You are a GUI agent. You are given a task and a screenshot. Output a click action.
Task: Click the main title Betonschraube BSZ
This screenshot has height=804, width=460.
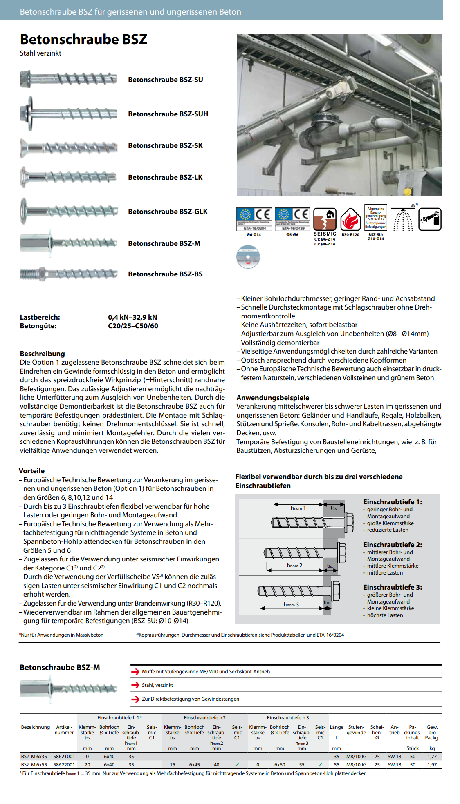[x=83, y=39]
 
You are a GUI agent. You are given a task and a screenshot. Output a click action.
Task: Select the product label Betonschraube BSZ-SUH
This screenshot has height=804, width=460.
[x=168, y=114]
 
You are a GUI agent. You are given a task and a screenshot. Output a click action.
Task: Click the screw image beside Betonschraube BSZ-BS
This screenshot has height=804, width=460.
[x=69, y=274]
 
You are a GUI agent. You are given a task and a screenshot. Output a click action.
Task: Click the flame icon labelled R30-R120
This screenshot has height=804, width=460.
[x=350, y=220]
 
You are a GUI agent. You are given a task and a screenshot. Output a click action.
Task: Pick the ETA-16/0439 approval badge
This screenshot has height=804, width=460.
[x=292, y=219]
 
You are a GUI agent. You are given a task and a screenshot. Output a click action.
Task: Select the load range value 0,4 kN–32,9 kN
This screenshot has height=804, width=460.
[x=132, y=317]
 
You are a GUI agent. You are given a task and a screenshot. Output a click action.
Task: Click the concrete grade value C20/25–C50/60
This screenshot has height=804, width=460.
[x=133, y=326]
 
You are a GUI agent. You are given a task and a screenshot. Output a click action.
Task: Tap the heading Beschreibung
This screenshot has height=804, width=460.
[x=42, y=354]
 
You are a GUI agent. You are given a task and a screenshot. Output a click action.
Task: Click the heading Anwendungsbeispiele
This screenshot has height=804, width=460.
[x=273, y=398]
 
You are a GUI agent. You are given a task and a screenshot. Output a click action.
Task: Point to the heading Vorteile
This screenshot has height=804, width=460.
[x=31, y=471]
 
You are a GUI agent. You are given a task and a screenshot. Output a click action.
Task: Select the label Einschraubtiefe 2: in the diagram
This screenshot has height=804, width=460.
[x=393, y=545]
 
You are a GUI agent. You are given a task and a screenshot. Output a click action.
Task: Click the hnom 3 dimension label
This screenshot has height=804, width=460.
[x=291, y=604]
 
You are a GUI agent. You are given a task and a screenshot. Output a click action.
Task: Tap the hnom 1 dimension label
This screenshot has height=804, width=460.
[x=298, y=508]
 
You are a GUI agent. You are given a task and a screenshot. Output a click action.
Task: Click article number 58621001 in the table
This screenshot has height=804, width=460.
[x=64, y=757]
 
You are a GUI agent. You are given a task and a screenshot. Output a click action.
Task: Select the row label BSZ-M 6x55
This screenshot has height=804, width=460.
[x=34, y=765]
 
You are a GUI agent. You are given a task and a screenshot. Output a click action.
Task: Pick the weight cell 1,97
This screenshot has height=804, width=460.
[x=432, y=765]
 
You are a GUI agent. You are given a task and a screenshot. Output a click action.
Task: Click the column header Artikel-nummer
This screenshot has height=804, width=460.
[x=64, y=730]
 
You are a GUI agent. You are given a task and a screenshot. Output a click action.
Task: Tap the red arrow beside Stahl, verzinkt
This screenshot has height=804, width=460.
[x=135, y=685]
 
